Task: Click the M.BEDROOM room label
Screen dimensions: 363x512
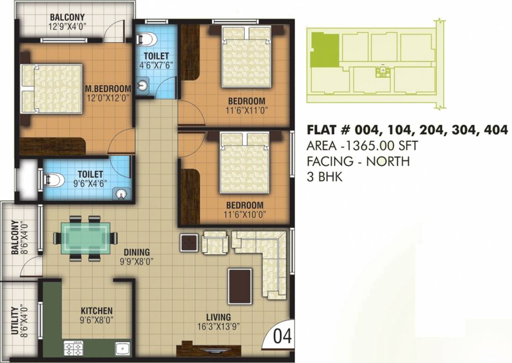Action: [107, 88]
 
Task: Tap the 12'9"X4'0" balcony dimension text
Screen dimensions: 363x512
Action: [68, 27]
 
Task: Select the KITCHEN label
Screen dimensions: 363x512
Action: [96, 311]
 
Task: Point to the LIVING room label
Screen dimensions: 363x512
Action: [218, 317]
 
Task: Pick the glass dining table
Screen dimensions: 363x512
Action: [86, 238]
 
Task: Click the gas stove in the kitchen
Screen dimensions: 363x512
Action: [74, 349]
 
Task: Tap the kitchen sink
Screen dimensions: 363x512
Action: [122, 349]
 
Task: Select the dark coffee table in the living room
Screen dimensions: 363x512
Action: [240, 286]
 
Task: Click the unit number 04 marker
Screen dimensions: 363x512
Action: [283, 337]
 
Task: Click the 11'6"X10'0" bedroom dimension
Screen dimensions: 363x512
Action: [244, 214]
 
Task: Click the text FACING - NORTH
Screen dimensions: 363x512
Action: [358, 161]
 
